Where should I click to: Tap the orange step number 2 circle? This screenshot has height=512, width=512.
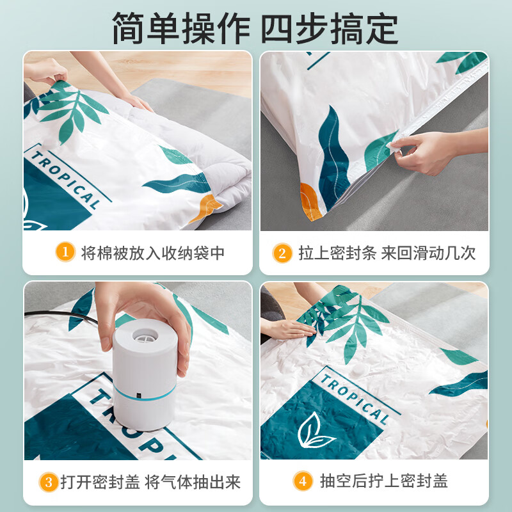[282, 253]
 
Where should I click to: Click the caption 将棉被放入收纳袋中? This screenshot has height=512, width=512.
[153, 253]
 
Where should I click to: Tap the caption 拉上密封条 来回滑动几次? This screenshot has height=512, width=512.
[387, 253]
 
